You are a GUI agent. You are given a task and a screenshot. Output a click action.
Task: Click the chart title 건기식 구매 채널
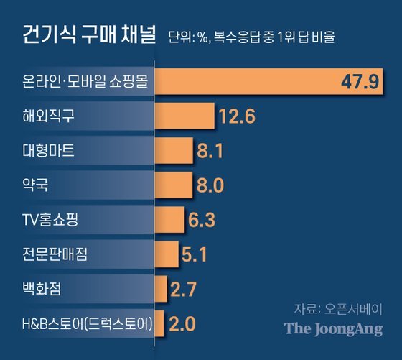[89, 34]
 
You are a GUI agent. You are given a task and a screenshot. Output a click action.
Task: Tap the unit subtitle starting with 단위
[251, 37]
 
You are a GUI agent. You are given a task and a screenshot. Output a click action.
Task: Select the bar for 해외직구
[184, 116]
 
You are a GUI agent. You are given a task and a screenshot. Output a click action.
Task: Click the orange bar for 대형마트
[174, 151]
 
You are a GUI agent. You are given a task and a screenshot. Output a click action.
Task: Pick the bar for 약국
[174, 185]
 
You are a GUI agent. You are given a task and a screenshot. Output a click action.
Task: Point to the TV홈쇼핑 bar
[169, 220]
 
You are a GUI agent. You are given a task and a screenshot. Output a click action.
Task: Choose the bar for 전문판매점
[167, 254]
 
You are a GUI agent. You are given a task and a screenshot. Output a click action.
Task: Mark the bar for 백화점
[161, 289]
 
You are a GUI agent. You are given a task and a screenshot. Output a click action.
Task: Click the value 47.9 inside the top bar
[360, 82]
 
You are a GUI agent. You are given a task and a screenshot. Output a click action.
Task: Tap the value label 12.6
[238, 116]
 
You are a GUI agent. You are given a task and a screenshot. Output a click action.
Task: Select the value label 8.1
[210, 151]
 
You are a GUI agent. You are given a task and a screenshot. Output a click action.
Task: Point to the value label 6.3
[202, 220]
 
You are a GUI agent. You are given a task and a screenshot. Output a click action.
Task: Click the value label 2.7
[183, 290]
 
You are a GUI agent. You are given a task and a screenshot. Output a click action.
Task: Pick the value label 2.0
[182, 324]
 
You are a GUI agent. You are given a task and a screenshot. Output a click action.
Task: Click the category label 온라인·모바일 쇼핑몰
[85, 81]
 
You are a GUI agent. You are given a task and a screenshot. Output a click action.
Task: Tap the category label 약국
[35, 185]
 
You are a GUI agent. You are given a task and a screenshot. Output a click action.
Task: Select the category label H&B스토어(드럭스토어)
[88, 324]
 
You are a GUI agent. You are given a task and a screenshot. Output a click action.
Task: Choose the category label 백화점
[42, 289]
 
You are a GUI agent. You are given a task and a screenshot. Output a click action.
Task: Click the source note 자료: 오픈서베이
[338, 309]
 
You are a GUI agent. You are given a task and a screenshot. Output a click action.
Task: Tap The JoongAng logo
[333, 329]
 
